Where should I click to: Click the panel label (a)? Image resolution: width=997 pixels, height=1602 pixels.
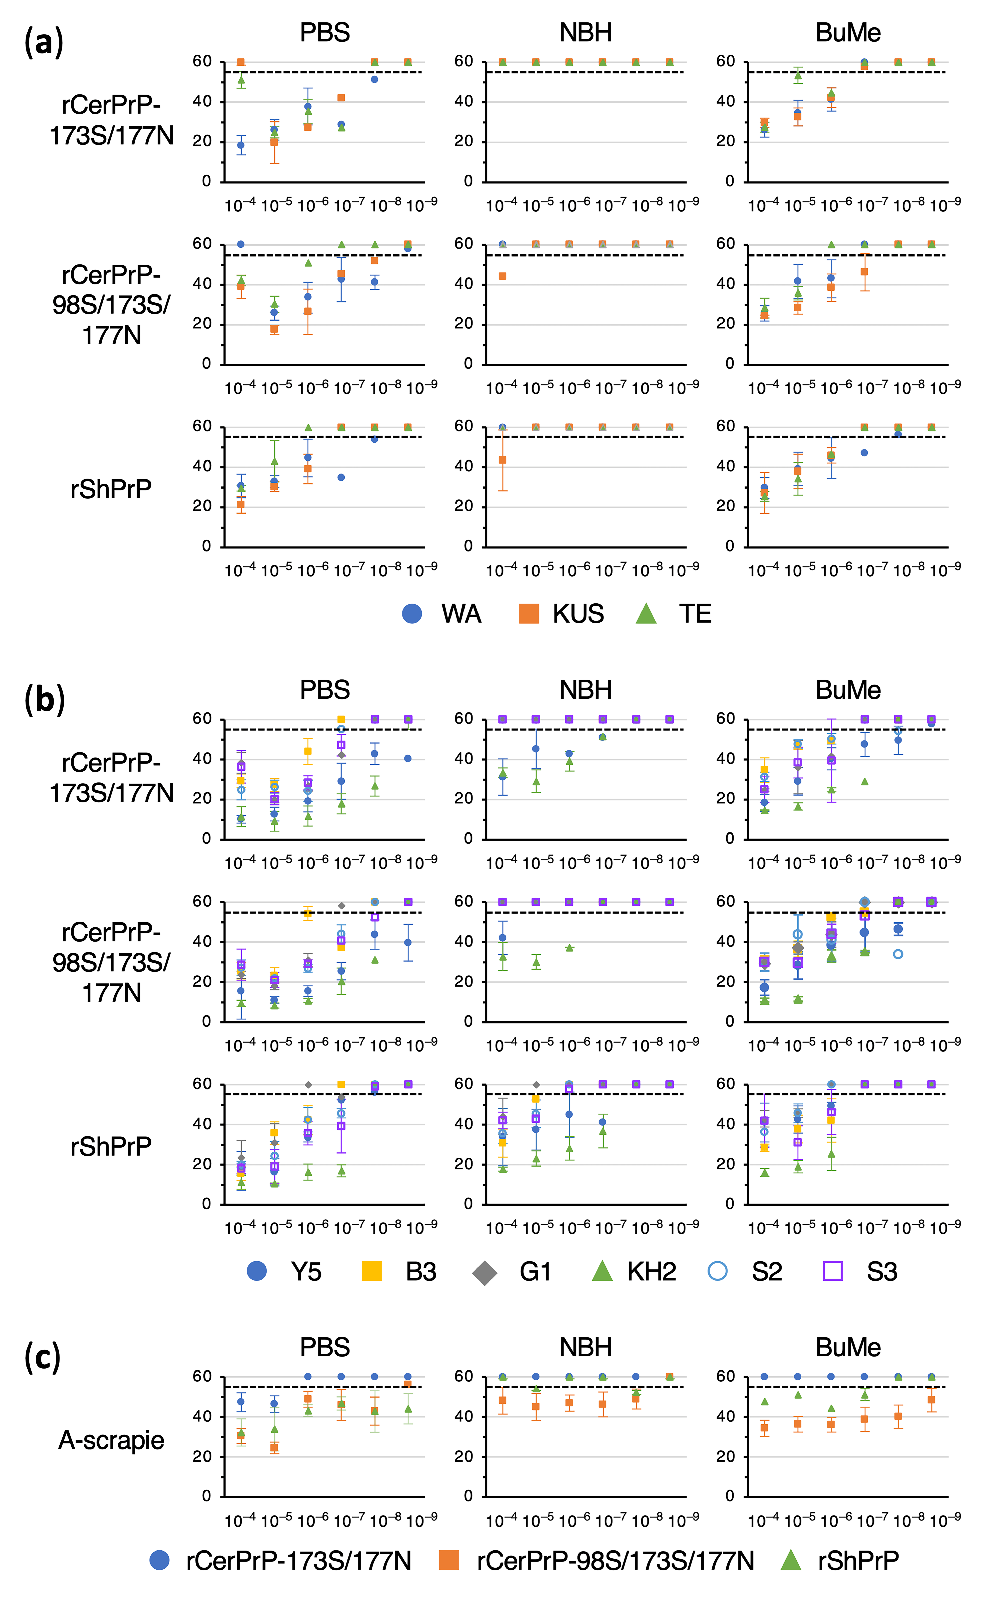coord(44,42)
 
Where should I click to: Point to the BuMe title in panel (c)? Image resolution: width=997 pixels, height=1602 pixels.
coord(848,1347)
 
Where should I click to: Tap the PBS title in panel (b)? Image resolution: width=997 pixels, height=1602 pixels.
coord(324,690)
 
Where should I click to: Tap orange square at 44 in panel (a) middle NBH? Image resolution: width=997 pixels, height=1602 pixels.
coord(502,276)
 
